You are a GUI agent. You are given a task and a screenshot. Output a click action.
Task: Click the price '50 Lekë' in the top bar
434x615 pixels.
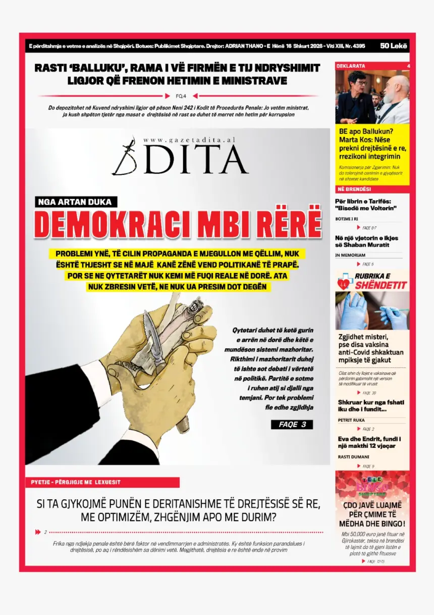[394, 46]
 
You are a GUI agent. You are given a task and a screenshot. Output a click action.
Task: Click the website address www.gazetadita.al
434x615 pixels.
[189, 140]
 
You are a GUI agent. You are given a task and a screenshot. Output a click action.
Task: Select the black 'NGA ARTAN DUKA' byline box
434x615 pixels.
[77, 202]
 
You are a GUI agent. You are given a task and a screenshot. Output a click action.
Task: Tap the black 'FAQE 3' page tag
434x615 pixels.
[292, 424]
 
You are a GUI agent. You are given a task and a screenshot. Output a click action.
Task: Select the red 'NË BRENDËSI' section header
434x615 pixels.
[354, 189]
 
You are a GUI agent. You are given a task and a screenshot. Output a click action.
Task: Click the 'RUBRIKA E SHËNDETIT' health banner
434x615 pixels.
[372, 281]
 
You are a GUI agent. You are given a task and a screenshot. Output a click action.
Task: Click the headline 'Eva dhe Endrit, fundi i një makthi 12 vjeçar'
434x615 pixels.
[369, 442]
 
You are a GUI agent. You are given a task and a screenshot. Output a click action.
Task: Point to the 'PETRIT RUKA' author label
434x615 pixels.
[351, 420]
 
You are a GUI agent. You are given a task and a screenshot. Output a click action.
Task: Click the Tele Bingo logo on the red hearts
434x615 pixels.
[372, 486]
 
